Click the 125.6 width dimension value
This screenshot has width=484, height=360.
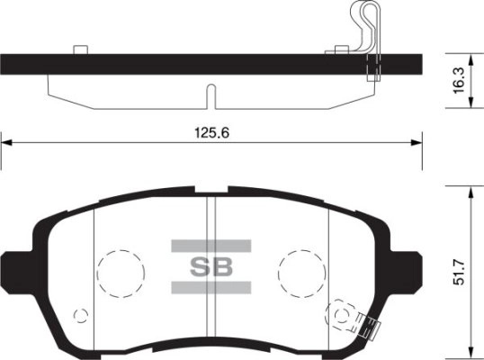(x=211, y=131)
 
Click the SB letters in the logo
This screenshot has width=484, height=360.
(x=211, y=266)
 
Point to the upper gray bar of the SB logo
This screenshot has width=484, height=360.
(x=211, y=244)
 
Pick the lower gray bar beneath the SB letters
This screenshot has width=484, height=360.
(x=211, y=288)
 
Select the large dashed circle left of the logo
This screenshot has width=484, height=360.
(x=120, y=269)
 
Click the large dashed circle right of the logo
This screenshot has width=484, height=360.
(x=301, y=269)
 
